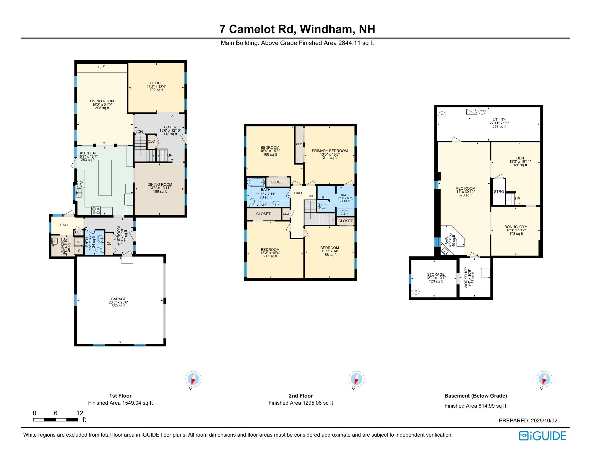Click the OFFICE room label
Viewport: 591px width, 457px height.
point(156,83)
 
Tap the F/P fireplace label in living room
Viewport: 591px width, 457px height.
point(101,67)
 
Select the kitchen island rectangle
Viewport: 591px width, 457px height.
point(105,177)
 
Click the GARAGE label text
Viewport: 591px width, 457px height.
point(118,299)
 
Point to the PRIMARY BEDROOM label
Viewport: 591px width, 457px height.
point(330,151)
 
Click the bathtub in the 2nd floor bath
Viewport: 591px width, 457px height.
point(256,182)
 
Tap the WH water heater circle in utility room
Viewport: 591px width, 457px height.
point(482,111)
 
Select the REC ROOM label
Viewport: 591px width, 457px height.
point(465,188)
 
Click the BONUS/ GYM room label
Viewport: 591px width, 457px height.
point(516,227)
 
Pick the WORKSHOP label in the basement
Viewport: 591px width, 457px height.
point(466,277)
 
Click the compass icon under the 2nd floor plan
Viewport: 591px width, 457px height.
point(357,379)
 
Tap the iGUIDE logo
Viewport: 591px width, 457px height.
point(543,436)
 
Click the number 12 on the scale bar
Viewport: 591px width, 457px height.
point(80,413)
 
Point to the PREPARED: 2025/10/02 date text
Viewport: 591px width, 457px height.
point(528,421)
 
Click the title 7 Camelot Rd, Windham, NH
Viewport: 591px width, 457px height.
point(297,29)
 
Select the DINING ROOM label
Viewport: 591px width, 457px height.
point(160,185)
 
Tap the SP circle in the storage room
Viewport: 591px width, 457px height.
point(416,291)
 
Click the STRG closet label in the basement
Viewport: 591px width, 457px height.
point(499,192)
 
